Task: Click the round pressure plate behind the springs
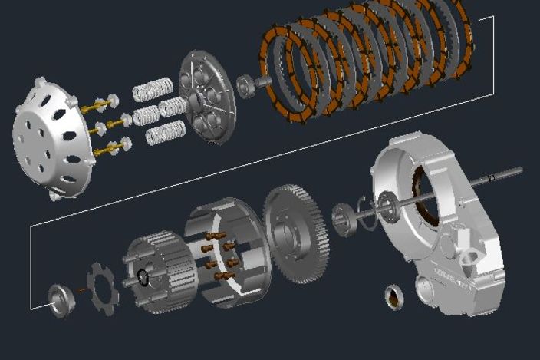click(x=207, y=96)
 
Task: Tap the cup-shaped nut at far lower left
click(x=61, y=299)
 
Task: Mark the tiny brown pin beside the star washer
click(x=81, y=290)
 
